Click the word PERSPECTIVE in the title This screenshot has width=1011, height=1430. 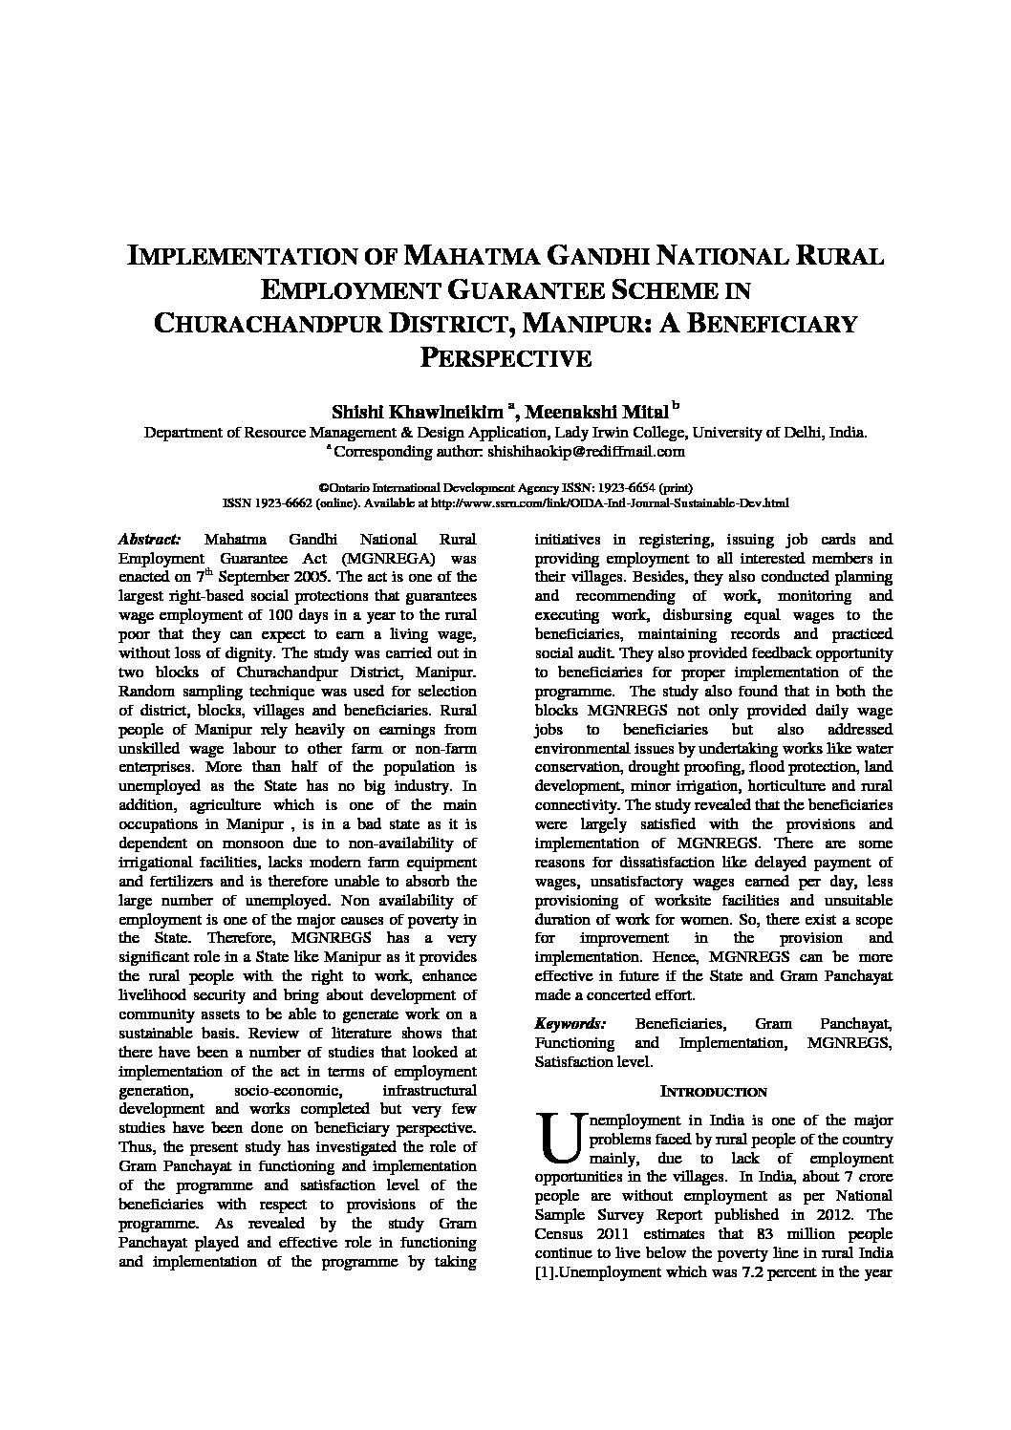pos(506,358)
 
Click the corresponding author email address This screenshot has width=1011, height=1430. pos(586,450)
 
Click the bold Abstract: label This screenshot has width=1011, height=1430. pos(148,539)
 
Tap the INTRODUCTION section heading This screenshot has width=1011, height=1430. pos(714,1091)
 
